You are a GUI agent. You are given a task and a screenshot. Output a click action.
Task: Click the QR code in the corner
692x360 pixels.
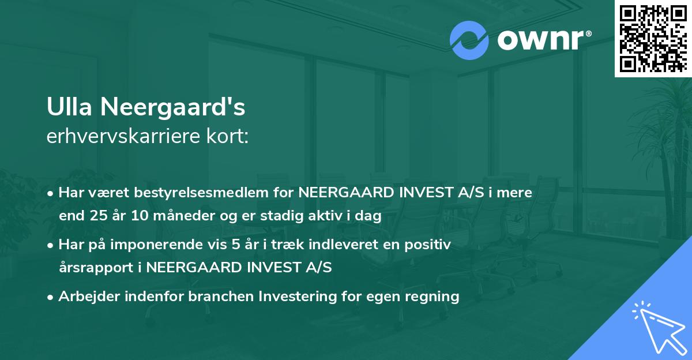[653, 39]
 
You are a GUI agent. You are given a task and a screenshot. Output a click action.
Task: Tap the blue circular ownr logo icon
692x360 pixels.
[469, 40]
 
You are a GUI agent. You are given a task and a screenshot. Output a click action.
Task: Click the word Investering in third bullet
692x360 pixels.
[294, 297]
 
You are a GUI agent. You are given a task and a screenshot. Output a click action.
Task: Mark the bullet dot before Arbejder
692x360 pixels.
[51, 297]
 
